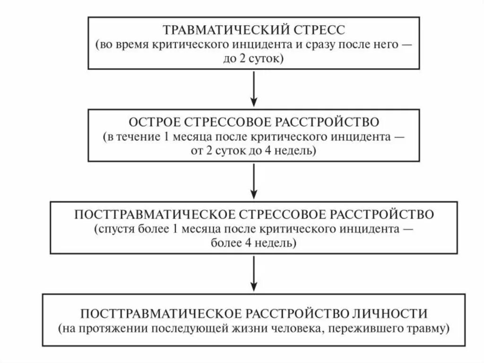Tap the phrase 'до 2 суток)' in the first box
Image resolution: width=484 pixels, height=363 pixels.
(254, 59)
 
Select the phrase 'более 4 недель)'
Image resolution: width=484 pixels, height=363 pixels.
(254, 243)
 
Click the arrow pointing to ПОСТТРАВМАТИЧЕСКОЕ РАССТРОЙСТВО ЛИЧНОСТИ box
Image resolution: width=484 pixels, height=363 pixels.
(254, 274)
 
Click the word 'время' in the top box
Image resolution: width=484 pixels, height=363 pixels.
(134, 45)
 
